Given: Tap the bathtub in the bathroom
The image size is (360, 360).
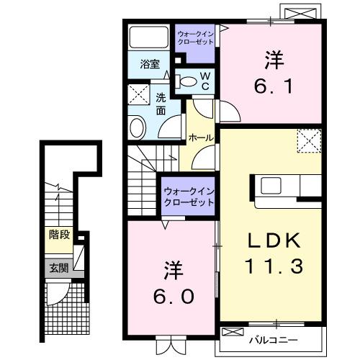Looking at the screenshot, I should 149,38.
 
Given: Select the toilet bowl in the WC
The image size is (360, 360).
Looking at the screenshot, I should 189,81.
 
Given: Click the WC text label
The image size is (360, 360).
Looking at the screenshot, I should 204,81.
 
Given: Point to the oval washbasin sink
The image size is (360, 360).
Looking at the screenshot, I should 137,127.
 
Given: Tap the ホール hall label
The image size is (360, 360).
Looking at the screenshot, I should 199,137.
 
